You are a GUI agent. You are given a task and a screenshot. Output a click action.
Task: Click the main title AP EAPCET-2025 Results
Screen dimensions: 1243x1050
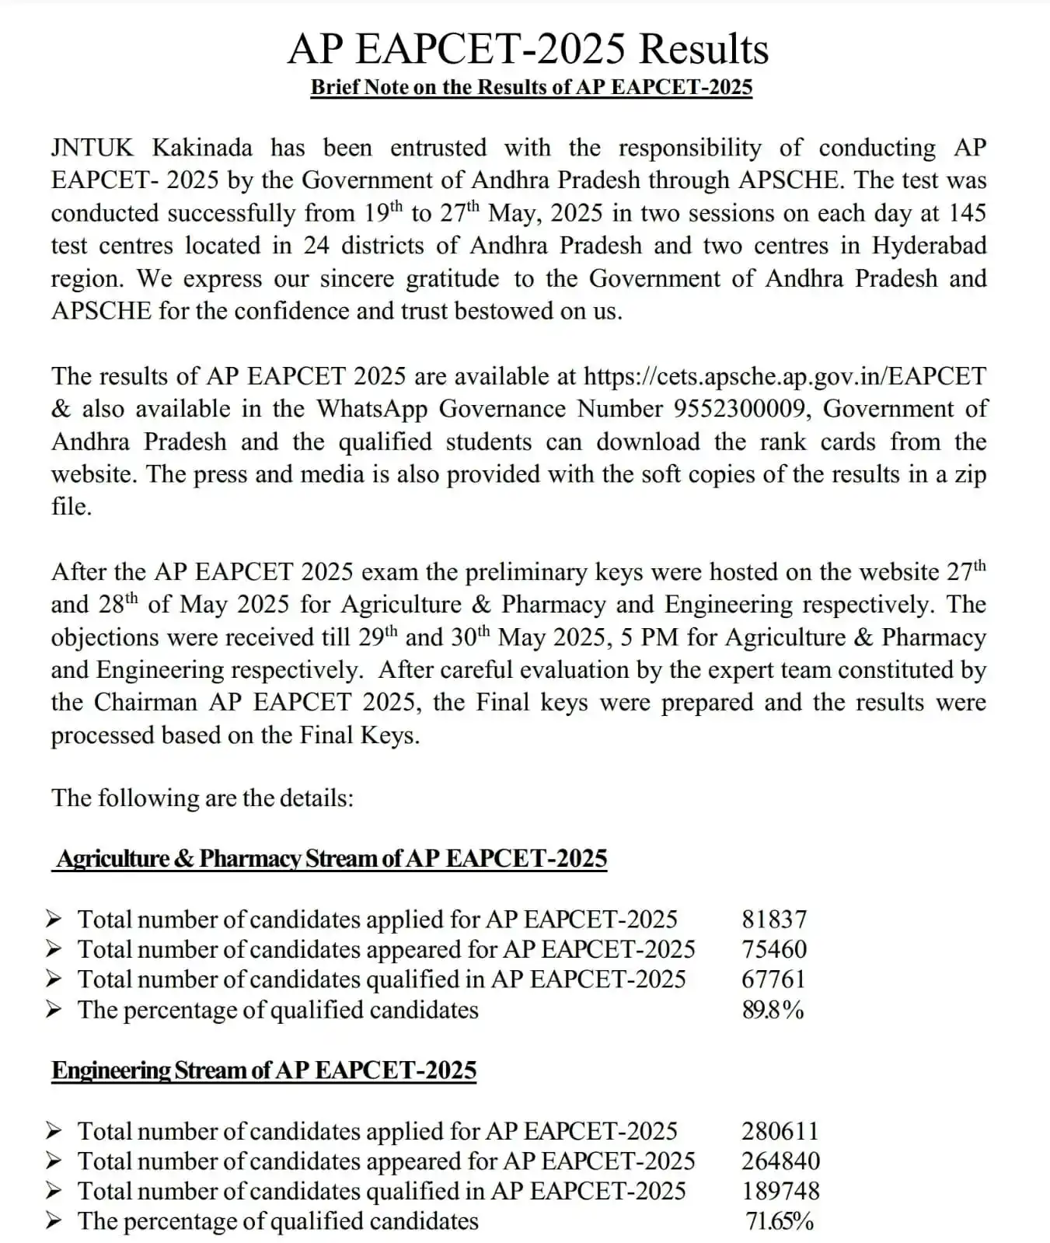(528, 49)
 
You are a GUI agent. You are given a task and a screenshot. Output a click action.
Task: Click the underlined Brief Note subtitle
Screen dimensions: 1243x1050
(532, 87)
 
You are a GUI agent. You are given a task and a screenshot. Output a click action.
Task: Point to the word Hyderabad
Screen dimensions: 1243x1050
(929, 246)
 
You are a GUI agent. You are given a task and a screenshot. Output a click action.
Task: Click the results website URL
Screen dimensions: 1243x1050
(784, 376)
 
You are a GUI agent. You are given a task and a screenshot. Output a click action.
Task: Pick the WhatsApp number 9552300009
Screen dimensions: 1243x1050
(741, 409)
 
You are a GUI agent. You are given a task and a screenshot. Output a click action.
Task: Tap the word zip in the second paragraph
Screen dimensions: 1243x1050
(970, 474)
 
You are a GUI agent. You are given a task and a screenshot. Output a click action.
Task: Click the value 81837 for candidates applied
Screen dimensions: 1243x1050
(774, 920)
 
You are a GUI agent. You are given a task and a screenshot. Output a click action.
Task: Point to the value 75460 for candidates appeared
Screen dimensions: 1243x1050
(774, 949)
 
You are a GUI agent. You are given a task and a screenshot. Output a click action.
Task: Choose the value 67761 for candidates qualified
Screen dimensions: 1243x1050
(773, 979)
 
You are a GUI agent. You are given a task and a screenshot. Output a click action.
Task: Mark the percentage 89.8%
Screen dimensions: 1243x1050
(773, 1010)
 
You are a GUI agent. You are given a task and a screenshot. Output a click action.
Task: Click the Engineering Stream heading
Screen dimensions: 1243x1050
(264, 1070)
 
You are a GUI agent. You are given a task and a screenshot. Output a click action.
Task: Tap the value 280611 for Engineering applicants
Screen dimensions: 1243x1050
(780, 1131)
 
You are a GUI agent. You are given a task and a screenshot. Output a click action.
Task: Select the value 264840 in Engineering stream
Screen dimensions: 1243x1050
(780, 1161)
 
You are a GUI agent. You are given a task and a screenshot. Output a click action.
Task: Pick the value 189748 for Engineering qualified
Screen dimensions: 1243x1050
(780, 1191)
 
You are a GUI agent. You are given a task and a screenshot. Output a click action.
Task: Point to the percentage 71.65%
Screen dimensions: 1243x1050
(780, 1221)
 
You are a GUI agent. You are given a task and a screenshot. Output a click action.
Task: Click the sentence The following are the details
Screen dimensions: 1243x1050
(203, 798)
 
